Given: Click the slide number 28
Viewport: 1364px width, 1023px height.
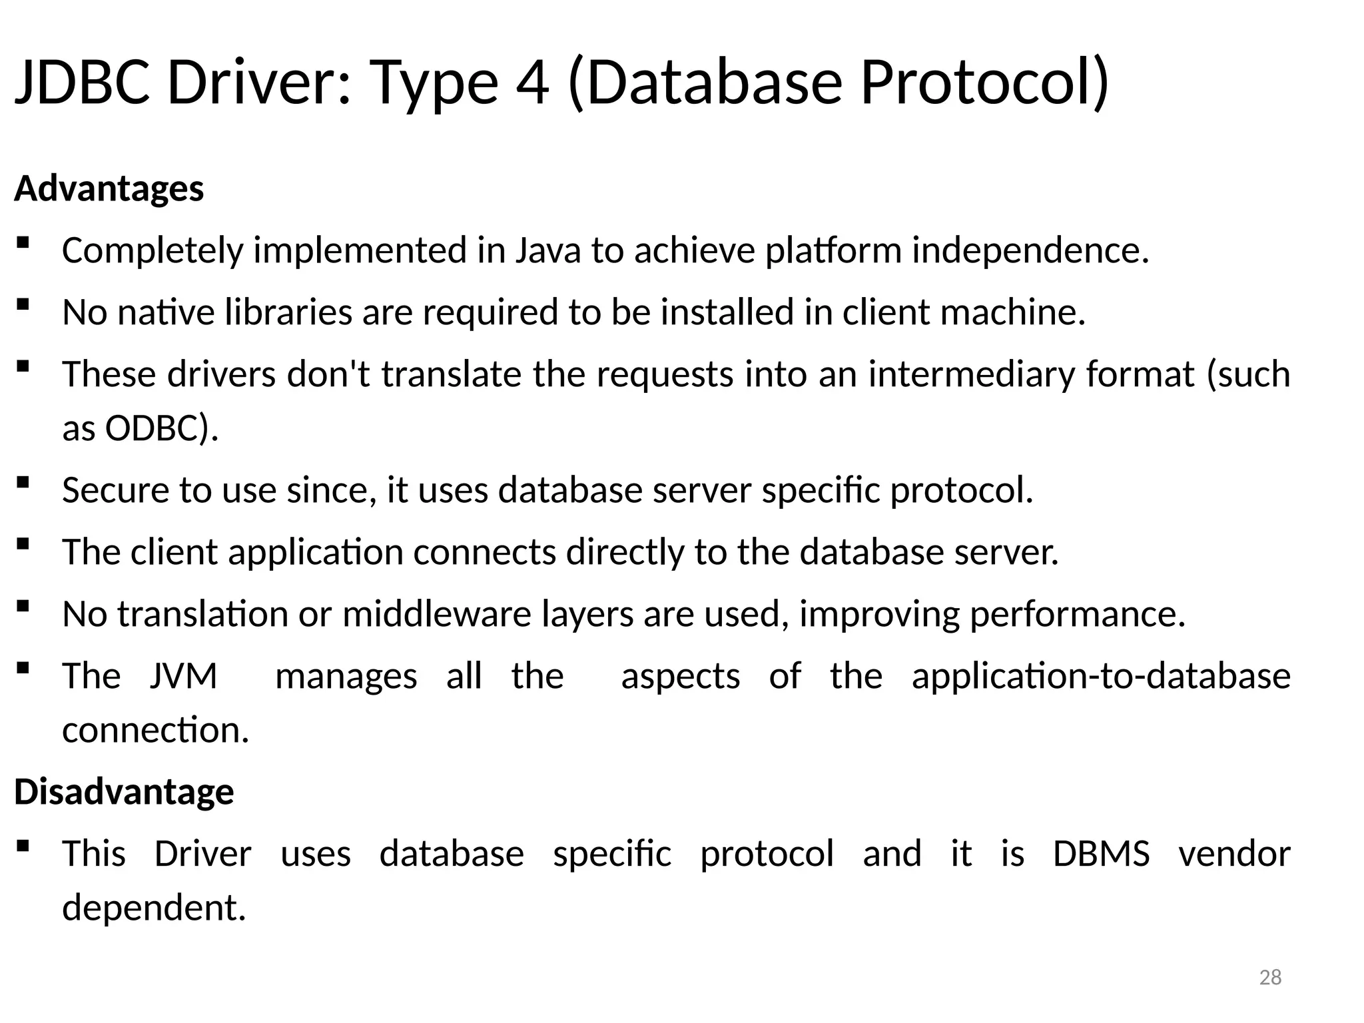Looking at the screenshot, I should (x=1270, y=977).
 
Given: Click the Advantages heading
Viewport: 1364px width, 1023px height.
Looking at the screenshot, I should (x=109, y=188).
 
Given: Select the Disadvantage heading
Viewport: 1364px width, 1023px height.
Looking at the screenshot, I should (x=124, y=792).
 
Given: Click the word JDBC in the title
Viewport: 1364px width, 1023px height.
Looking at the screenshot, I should (x=83, y=83).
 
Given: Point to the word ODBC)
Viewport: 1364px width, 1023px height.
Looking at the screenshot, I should (x=162, y=428).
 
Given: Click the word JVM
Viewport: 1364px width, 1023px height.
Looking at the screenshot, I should (x=184, y=676).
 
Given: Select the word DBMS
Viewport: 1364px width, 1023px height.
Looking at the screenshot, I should (x=1101, y=854).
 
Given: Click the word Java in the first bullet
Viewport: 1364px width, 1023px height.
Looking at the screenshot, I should (x=547, y=251).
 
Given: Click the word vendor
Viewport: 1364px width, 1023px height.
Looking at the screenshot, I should (x=1234, y=854).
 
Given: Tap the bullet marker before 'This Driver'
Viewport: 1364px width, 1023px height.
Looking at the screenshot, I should (x=23, y=846).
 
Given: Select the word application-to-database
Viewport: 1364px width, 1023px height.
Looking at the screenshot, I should (x=1101, y=676).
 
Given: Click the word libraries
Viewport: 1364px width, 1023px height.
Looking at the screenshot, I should (x=288, y=312).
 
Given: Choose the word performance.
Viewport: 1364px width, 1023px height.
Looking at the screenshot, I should (x=1077, y=614).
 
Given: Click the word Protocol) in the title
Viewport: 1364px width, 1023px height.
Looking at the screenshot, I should (x=984, y=83).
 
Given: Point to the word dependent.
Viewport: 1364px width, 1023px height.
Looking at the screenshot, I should (x=154, y=908).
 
